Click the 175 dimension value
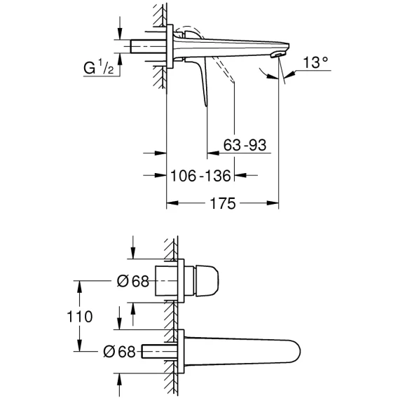pos(223,203)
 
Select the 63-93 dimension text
pos(245,145)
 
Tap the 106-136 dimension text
pos(200,176)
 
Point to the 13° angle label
pos(315,62)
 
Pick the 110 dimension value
pos(79,317)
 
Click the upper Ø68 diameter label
pos(132,281)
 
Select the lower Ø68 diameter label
pos(119,352)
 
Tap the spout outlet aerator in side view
pos(277,55)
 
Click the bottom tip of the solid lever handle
pos(206,106)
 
